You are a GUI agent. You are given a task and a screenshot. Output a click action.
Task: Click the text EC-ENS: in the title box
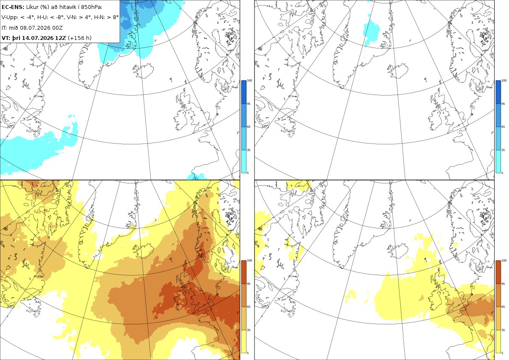tap(13, 7)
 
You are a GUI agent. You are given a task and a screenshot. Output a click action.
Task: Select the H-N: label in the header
tap(99, 17)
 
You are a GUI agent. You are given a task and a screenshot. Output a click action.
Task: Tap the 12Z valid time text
tap(61, 38)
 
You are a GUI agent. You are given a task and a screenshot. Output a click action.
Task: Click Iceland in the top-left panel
tap(143, 71)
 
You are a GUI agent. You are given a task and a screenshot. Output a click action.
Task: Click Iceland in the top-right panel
tap(398, 71)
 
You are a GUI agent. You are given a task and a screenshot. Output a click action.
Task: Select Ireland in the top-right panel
tap(435, 119)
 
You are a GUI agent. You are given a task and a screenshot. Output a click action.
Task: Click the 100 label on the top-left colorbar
tap(249, 81)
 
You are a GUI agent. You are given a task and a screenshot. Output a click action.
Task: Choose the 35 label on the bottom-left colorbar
tap(249, 330)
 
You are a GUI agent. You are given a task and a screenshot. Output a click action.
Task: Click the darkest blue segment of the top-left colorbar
tap(243, 92)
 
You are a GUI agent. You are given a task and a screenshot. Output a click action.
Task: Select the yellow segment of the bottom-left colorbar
tap(243, 341)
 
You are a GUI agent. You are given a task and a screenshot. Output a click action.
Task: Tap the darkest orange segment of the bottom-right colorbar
tap(498, 272)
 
